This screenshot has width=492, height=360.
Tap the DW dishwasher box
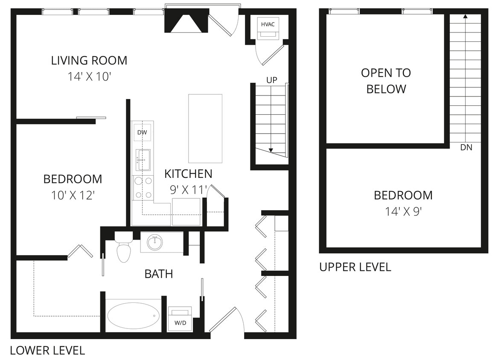pyautogui.click(x=142, y=133)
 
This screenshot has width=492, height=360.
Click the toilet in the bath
pyautogui.click(x=124, y=250)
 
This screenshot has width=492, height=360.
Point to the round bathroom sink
pyautogui.click(x=154, y=243)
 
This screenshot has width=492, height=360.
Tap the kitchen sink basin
pyautogui.click(x=143, y=160)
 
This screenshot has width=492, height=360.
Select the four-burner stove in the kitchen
pyautogui.click(x=143, y=188)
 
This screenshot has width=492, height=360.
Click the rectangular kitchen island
pyautogui.click(x=205, y=128)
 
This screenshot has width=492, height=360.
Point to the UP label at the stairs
pyautogui.click(x=272, y=80)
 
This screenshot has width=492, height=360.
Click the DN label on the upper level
pyautogui.click(x=466, y=148)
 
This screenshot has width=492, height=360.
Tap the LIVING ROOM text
pyautogui.click(x=89, y=61)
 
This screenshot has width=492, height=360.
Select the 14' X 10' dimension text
pyautogui.click(x=89, y=77)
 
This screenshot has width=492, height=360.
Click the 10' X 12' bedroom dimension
pyautogui.click(x=73, y=195)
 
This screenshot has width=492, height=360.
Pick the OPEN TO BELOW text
pyautogui.click(x=386, y=81)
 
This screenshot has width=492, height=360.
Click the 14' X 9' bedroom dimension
pyautogui.click(x=403, y=212)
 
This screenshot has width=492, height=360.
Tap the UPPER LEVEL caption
pyautogui.click(x=355, y=267)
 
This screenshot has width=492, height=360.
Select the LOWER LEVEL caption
pyautogui.click(x=47, y=351)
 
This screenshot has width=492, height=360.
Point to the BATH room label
pyautogui.click(x=159, y=274)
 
